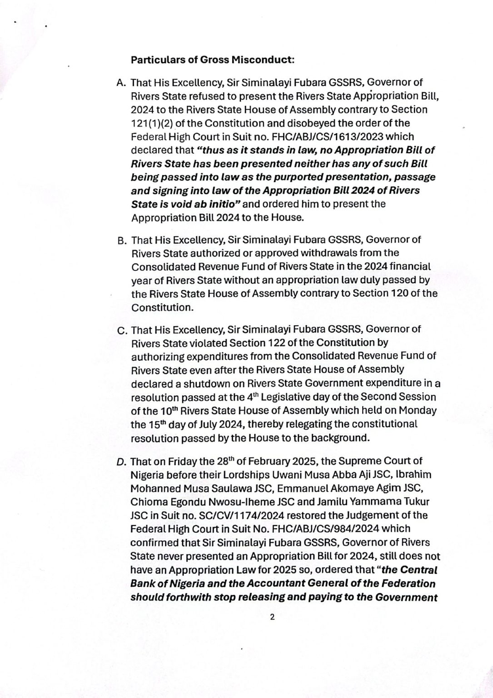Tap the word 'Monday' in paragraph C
(x=418, y=411)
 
